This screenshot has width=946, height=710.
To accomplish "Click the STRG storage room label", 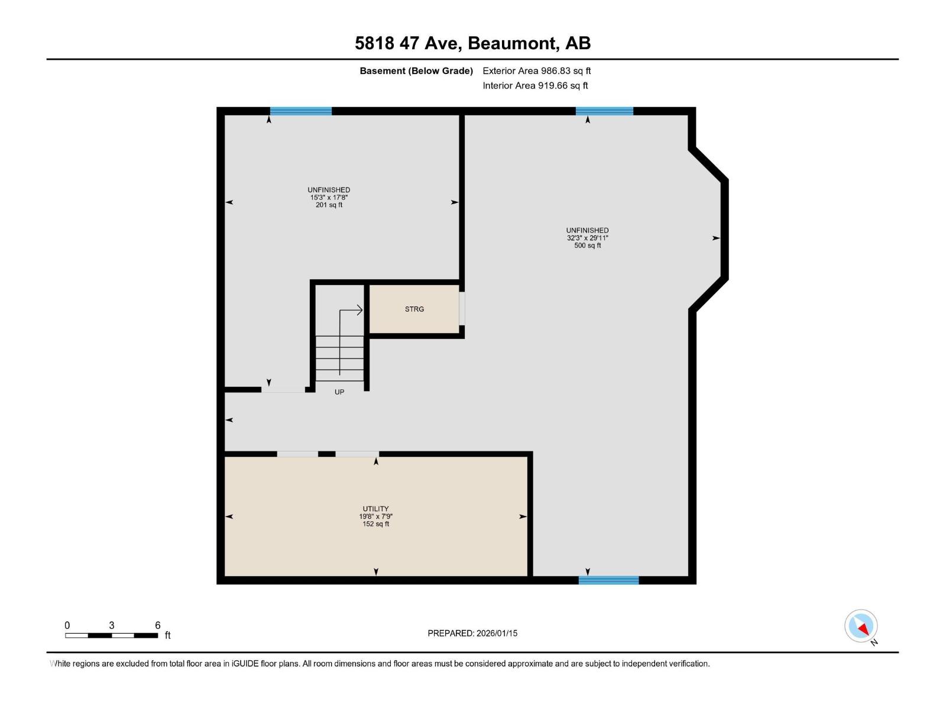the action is tap(414, 309).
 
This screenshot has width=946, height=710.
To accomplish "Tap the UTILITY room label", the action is tap(375, 509).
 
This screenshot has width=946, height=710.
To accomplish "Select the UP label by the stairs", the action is tap(339, 392).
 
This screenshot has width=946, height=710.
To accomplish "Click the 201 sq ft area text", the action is tap(329, 205).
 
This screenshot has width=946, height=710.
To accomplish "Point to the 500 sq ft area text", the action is tap(588, 246).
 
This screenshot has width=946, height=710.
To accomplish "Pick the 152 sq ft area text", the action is tap(375, 524).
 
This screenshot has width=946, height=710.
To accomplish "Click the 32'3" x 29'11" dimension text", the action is tap(588, 238).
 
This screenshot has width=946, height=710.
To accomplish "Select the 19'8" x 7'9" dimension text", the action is tap(375, 517).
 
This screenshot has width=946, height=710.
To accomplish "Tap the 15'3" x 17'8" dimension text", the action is tap(329, 198).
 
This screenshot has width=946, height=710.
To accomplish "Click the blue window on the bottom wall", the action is tap(608, 580).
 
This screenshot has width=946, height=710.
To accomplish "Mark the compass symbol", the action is tap(861, 627).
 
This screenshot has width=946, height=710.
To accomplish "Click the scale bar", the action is tap(111, 635).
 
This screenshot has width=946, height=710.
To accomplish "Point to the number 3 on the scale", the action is tap(112, 625).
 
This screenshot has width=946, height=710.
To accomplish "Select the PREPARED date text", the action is tap(472, 633).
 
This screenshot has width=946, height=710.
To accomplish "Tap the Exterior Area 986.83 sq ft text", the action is tap(537, 70).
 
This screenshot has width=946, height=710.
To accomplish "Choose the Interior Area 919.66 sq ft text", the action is tap(535, 85).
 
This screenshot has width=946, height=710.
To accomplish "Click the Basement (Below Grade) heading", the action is tap(416, 70).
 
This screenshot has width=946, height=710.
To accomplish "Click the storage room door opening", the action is tap(462, 309).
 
